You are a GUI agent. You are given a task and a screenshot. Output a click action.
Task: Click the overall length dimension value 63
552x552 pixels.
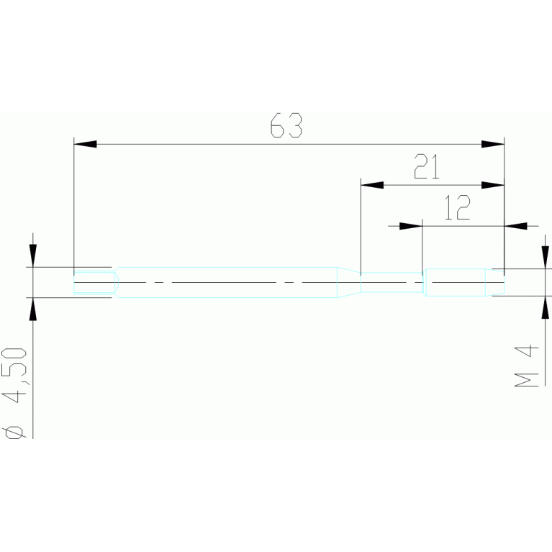tap(286, 126)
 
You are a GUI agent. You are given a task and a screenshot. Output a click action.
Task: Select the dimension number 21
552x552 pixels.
tap(426, 168)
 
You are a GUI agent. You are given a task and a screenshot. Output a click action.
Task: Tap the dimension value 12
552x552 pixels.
tap(457, 208)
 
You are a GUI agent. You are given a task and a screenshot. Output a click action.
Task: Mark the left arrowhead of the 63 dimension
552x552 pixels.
tap(85, 145)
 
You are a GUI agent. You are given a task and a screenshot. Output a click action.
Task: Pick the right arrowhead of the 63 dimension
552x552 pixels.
tap(493, 145)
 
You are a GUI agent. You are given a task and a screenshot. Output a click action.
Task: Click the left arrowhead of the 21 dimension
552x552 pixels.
tap(371, 185)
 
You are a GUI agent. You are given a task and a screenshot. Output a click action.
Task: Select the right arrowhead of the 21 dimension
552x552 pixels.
tap(493, 185)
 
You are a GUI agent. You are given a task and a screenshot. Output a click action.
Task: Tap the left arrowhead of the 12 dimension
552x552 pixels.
tap(411, 225)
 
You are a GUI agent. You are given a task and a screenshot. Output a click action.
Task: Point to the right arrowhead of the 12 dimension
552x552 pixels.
tap(515, 225)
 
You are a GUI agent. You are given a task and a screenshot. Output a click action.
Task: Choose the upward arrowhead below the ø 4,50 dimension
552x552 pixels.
tap(33, 308)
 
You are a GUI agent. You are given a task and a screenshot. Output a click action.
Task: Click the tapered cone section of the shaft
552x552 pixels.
tap(349, 281)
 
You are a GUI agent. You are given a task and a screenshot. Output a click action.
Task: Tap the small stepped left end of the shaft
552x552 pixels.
tap(95, 281)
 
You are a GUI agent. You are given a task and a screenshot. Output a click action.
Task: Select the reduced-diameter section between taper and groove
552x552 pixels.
tap(390, 281)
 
